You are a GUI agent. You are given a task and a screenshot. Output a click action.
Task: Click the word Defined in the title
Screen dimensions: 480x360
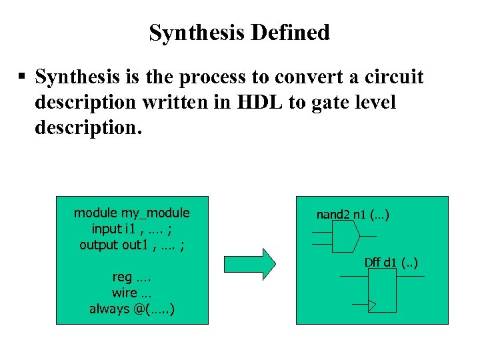293,32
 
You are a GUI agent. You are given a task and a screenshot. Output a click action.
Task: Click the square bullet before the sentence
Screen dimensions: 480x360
22,78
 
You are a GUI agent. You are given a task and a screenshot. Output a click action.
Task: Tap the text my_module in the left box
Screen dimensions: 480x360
155,213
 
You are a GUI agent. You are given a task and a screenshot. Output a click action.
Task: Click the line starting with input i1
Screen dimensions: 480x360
131,229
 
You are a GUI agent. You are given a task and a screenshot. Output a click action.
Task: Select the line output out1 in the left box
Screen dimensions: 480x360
131,245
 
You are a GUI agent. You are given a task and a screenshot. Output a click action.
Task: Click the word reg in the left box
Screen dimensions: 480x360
122,277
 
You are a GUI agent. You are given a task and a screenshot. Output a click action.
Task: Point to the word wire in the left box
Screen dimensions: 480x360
124,293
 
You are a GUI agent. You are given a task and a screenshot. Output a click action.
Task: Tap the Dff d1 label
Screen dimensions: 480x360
391,263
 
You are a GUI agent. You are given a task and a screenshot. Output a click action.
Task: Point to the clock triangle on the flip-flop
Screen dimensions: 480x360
372,305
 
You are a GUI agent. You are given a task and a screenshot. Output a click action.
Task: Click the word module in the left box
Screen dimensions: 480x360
95,213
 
